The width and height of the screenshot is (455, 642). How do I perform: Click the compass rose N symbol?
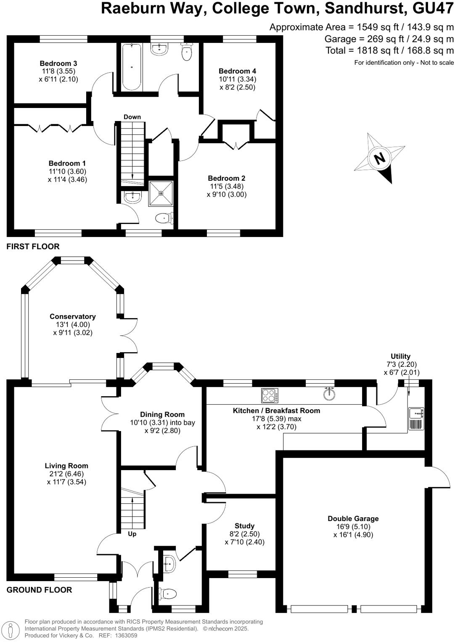click(x=380, y=158)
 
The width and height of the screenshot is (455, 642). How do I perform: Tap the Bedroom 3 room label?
click(x=58, y=63)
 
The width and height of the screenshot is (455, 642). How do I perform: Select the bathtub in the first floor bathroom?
click(x=132, y=67)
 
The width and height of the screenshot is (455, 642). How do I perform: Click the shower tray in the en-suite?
click(x=161, y=193)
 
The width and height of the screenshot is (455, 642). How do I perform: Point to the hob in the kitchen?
click(x=270, y=395)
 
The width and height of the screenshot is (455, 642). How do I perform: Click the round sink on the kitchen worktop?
click(x=330, y=394)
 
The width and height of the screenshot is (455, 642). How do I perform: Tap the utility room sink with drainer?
click(x=416, y=418)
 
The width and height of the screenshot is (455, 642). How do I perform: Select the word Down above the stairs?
click(x=132, y=117)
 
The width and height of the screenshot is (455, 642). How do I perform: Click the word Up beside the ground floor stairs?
click(x=132, y=534)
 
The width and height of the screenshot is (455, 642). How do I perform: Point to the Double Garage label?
click(x=353, y=518)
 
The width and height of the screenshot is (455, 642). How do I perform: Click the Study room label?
click(x=244, y=526)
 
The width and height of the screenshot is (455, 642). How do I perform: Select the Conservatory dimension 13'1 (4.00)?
click(x=73, y=324)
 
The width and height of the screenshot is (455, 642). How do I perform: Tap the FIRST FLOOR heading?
click(x=33, y=247)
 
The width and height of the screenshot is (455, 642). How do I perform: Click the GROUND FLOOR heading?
click(x=39, y=590)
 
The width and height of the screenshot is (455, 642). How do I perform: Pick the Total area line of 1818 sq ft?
click(x=389, y=50)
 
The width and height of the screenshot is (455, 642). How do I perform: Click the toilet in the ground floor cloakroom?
click(x=167, y=594)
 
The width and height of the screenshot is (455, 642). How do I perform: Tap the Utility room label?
click(x=400, y=356)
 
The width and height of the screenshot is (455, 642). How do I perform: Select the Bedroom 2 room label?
click(x=227, y=178)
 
